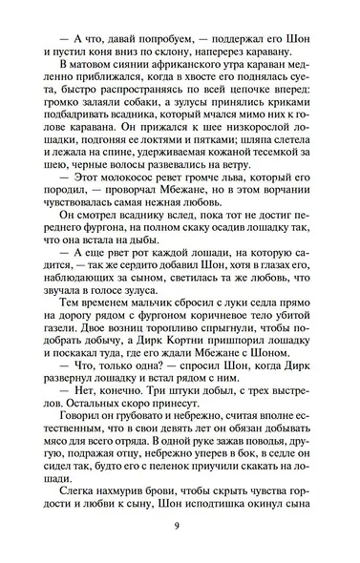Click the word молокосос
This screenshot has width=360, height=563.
[x=110, y=208]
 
